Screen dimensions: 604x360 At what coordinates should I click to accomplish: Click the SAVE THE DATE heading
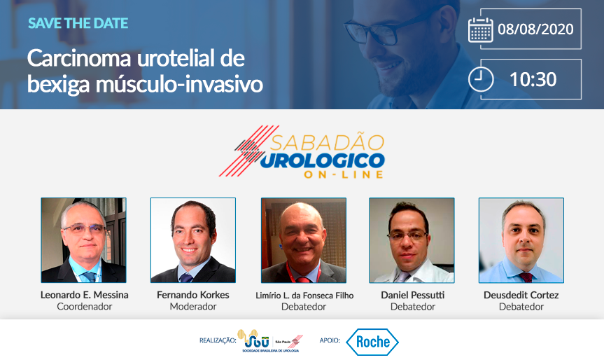78,23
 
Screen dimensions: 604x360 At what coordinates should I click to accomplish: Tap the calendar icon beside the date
480,30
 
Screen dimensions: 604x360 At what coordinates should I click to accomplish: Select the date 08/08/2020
535,29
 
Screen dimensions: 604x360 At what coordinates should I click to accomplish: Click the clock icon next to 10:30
481,79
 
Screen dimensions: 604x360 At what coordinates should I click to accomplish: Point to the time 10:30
533,79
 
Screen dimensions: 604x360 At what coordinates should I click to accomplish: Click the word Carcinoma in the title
79,59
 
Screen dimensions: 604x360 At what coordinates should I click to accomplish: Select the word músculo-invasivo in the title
179,84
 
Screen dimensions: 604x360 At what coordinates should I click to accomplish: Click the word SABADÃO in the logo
327,143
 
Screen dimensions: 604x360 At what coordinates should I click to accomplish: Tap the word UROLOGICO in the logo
322,160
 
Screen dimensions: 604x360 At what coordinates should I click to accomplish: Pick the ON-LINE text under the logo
344,174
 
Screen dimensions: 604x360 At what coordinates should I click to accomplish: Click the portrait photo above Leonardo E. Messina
83,240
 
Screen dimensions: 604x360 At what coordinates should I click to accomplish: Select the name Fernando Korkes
193,295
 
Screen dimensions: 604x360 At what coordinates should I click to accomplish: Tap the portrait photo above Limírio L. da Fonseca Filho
304,240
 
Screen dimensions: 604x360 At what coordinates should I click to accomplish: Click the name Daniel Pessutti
412,295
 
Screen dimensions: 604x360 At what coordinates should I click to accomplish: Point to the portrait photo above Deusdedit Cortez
521,240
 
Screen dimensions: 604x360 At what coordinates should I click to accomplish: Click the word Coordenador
85,307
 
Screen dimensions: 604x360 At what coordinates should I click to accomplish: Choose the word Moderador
193,307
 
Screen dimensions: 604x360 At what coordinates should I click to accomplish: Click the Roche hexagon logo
372,342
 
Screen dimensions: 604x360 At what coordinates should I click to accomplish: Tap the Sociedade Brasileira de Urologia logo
270,340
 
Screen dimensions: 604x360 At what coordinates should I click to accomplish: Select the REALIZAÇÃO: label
218,340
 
